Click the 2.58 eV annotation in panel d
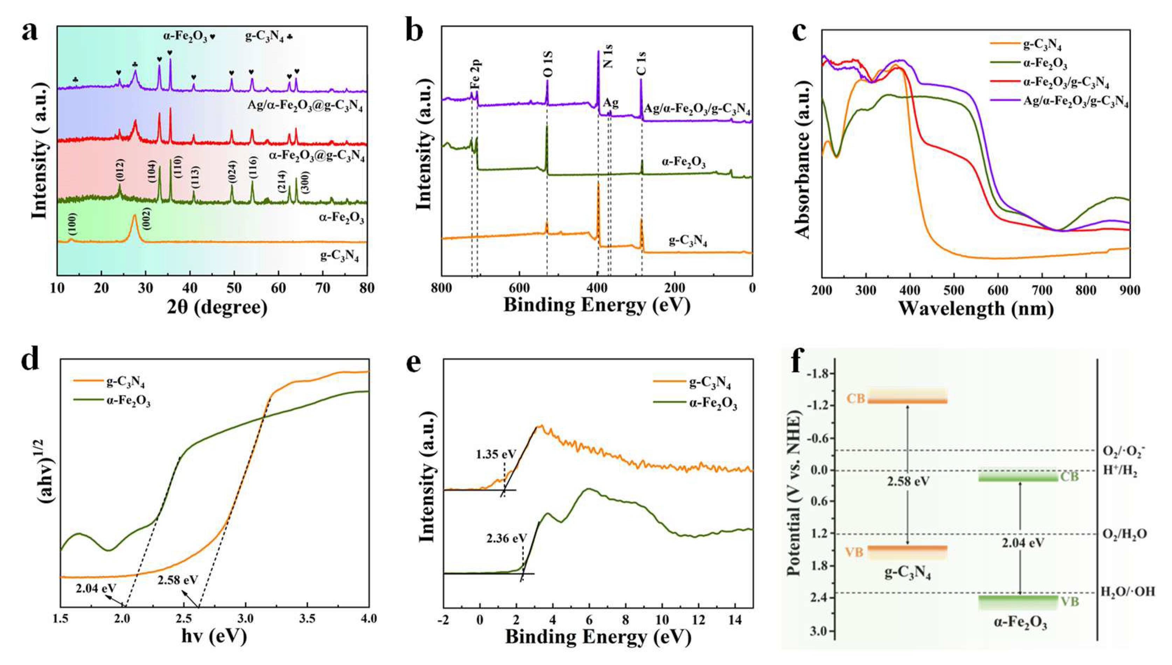178,580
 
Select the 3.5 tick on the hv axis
307,619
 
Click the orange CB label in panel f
855,399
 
